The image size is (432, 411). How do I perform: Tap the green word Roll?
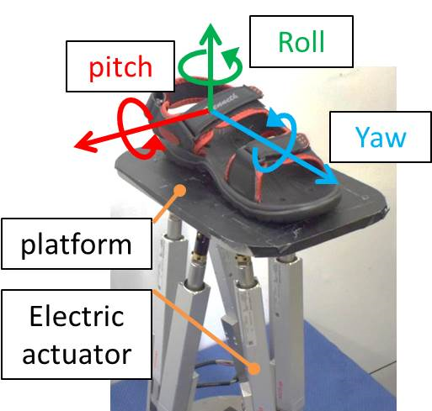(301, 42)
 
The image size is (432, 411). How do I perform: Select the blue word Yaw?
(381, 137)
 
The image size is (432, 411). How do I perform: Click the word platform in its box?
(77, 245)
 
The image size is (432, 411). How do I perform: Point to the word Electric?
(77, 316)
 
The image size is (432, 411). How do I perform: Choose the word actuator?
(77, 354)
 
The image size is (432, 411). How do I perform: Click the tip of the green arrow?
(211, 24)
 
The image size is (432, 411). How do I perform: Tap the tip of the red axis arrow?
(74, 146)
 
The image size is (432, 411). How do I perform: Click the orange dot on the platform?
(179, 191)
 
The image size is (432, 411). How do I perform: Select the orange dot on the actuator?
(254, 368)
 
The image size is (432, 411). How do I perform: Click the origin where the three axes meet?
(211, 110)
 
